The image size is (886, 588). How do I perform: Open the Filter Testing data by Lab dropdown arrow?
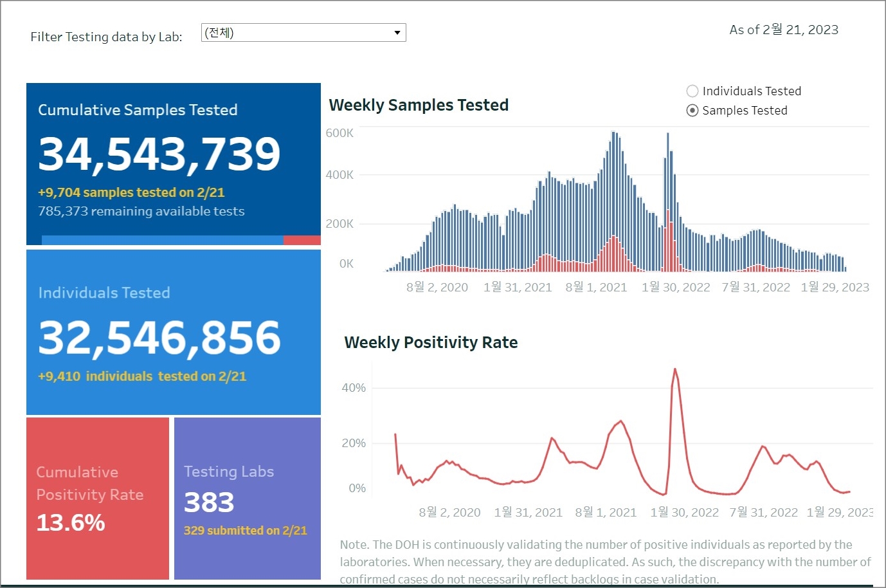pos(397,33)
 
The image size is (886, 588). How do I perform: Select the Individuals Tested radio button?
pos(692,91)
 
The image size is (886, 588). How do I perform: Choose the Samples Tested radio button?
pos(692,111)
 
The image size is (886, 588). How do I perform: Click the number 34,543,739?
pos(159,154)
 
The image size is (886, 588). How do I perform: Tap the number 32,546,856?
pos(159,337)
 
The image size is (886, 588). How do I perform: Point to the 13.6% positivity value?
pos(71,522)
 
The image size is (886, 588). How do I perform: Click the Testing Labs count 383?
pos(209,502)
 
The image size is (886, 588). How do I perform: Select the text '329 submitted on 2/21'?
pos(245,531)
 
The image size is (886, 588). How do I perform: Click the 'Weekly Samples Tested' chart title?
pos(419,105)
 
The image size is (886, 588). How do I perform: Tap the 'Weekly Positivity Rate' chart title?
pos(431,342)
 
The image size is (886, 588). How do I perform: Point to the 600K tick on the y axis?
pos(339,133)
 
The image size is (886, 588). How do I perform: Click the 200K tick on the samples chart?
pos(339,224)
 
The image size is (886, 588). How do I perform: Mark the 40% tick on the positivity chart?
pos(354,388)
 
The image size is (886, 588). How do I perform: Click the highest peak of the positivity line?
pos(674,369)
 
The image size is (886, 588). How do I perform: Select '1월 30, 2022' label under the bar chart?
pos(676,287)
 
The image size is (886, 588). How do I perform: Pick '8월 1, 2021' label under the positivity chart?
pos(606,512)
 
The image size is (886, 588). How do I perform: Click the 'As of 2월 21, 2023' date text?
pos(784,30)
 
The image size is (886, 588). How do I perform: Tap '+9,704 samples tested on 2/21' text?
pos(131,192)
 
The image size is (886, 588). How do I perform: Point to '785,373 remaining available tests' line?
pos(141,211)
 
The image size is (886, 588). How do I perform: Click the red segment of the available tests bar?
pos(302,240)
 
